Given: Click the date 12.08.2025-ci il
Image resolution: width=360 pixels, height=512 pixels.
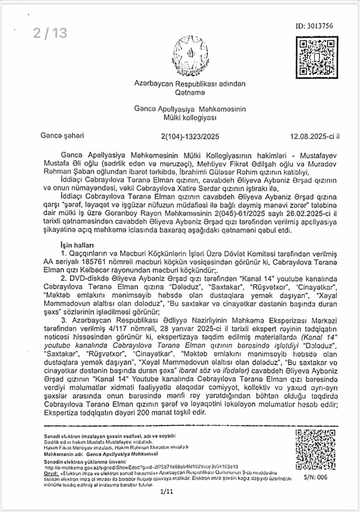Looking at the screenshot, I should point(315,136).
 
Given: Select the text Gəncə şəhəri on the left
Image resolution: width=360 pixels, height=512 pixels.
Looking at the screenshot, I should point(62,136).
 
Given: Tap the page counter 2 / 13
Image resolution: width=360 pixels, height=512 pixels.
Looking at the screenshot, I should point(50,33).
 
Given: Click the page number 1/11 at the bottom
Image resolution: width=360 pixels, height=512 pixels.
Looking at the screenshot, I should point(166,492).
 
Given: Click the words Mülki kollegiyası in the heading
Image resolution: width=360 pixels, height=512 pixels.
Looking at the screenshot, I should point(190,117).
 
